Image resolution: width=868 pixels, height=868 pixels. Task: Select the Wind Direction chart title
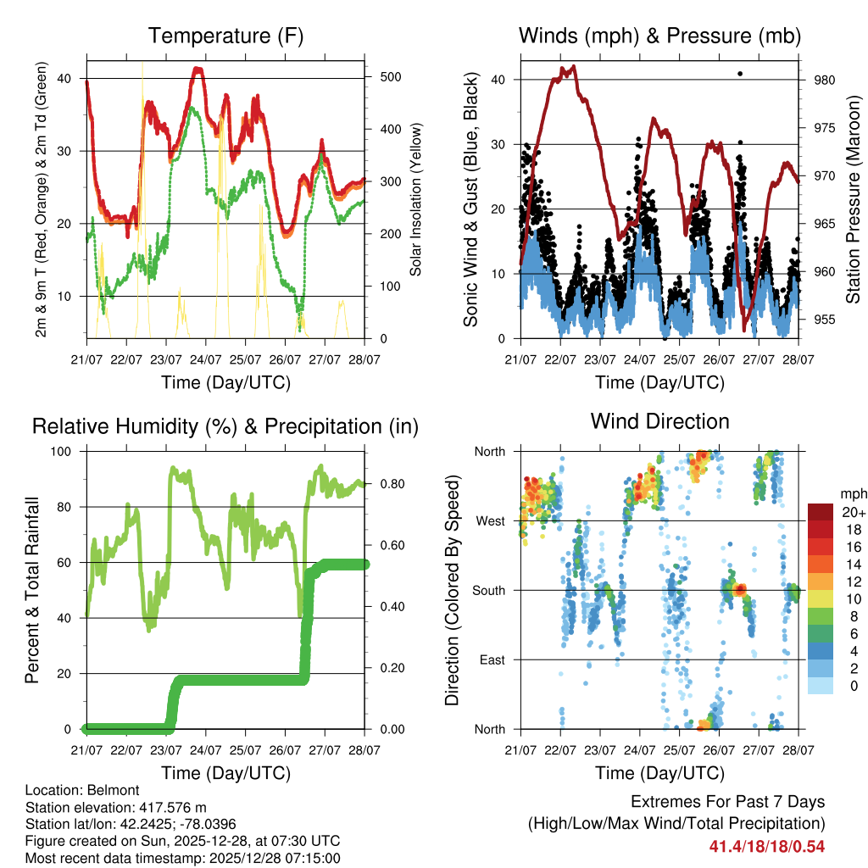[659, 420]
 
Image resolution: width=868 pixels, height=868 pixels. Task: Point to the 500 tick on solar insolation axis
[389, 77]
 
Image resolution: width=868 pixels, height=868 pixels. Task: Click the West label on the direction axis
[491, 520]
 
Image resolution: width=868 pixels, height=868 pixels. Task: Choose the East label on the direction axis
[492, 659]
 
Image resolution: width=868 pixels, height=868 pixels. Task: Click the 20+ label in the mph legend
[853, 512]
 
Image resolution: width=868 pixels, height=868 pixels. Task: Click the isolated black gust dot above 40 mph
[740, 74]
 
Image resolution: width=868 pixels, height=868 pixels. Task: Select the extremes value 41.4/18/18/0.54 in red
[767, 846]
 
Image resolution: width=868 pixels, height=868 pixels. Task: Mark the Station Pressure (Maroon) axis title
[853, 200]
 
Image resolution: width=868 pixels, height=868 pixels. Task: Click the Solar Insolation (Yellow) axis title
[416, 200]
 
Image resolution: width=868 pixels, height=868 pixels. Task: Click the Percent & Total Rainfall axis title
[31, 590]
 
